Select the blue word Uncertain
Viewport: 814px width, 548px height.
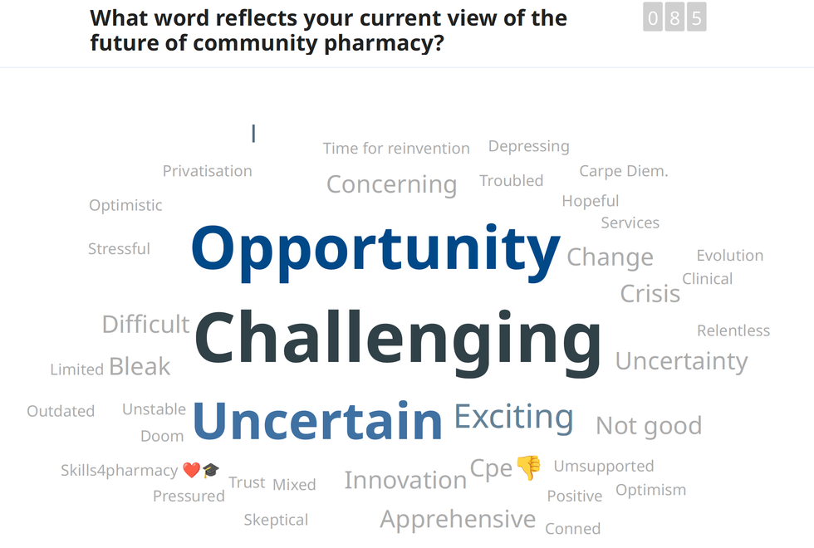(x=317, y=421)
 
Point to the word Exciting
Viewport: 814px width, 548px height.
(x=514, y=418)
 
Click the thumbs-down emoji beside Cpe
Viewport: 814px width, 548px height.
(x=528, y=467)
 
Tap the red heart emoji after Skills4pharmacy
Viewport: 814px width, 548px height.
(x=192, y=470)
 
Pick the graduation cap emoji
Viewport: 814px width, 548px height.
(x=211, y=470)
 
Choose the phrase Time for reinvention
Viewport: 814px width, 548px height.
(x=396, y=149)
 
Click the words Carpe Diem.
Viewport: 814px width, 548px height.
(x=624, y=171)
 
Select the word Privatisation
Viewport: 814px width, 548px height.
(x=207, y=171)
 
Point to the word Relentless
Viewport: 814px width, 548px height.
(x=733, y=330)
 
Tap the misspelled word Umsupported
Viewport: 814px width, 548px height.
(x=604, y=466)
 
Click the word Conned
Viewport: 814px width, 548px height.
(x=572, y=529)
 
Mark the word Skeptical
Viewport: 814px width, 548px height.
(x=276, y=520)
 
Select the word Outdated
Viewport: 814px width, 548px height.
(x=61, y=411)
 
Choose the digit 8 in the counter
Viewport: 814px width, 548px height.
(x=674, y=17)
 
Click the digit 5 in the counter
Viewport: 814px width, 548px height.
(x=697, y=17)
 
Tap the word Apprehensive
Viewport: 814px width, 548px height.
(x=458, y=520)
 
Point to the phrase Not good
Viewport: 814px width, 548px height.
(x=649, y=426)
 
